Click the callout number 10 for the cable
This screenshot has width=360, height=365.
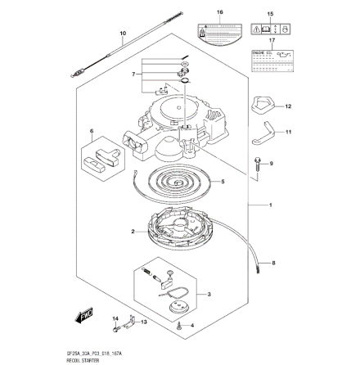pyautogui.click(x=123, y=34)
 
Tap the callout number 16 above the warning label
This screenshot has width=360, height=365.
pyautogui.click(x=219, y=13)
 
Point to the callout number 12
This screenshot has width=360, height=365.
pyautogui.click(x=287, y=106)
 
